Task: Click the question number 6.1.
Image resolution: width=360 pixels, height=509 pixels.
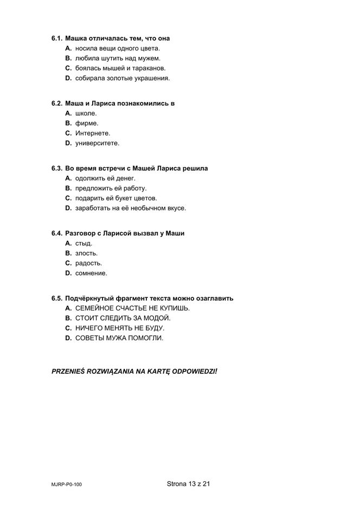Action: [57, 39]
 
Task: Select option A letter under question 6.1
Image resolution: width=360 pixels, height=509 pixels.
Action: [68, 48]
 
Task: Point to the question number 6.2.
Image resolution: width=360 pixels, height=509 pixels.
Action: [57, 104]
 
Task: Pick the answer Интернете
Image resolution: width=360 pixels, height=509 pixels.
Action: [93, 133]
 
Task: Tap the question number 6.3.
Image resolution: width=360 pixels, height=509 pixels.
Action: [57, 168]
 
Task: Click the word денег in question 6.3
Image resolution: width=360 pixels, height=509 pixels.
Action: [126, 178]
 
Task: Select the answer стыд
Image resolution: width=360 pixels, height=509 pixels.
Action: [83, 243]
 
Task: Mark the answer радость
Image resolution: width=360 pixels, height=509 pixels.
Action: [88, 263]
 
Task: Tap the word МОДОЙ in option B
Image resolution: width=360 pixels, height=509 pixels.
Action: [158, 318]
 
